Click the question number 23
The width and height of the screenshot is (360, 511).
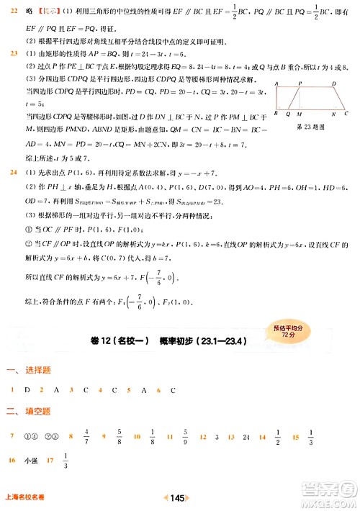tap(12, 54)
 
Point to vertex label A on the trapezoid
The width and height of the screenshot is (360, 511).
tap(276, 84)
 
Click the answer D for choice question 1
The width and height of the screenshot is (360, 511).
tap(27, 390)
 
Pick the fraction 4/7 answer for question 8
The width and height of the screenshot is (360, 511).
tap(86, 436)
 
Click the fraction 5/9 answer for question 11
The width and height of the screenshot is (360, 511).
tap(186, 436)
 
